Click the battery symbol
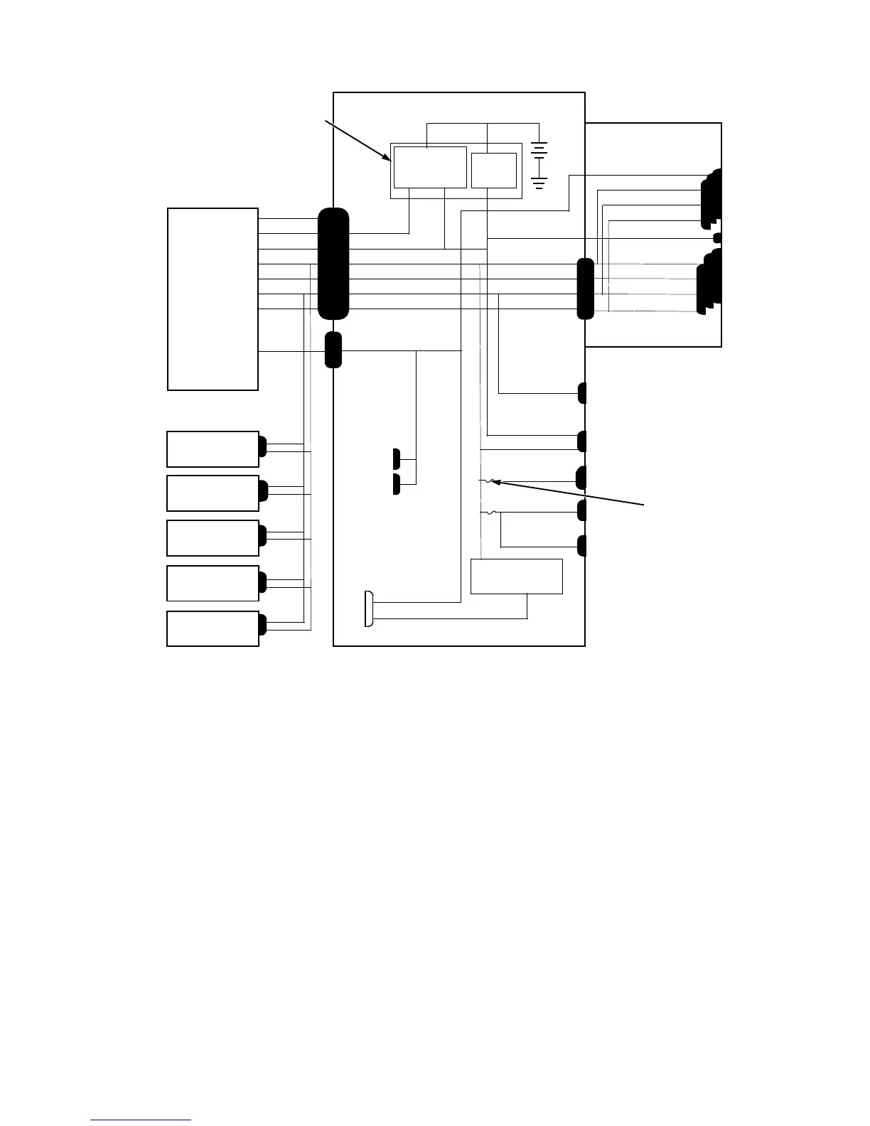click(539, 151)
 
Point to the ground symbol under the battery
click(539, 183)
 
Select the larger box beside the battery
click(430, 167)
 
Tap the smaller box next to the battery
click(494, 171)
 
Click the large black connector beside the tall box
click(333, 264)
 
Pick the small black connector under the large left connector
click(333, 350)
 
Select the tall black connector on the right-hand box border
click(585, 289)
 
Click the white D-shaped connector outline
click(368, 609)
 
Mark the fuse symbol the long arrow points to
click(488, 481)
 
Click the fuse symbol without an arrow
click(488, 513)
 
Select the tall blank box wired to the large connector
click(213, 299)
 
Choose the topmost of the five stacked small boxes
click(213, 449)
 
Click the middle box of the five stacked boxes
click(213, 538)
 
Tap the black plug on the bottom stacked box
click(262, 625)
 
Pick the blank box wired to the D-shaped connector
click(517, 576)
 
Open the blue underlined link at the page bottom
click(141, 1120)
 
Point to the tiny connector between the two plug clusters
click(717, 237)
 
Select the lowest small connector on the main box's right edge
click(581, 546)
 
